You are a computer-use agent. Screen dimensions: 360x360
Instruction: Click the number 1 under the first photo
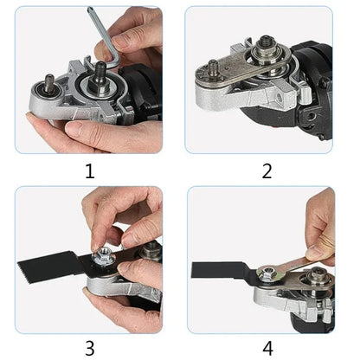pos(90,170)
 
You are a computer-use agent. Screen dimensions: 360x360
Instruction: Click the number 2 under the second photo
pos(267,170)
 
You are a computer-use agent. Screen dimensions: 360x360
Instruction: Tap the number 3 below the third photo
pos(90,350)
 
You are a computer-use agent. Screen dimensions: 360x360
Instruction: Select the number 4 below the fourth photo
pos(267,350)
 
